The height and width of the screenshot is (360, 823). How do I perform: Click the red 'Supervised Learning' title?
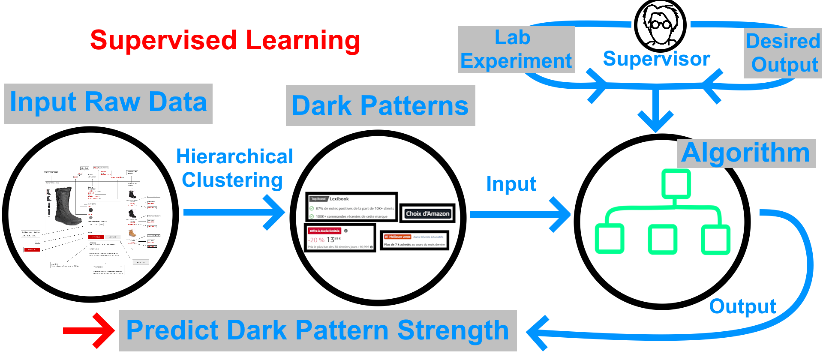point(225,41)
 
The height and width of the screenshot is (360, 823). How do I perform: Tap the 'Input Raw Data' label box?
point(108,103)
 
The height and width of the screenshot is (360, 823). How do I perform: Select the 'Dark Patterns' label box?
point(380,106)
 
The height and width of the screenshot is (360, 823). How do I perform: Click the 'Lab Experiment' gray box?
point(516,49)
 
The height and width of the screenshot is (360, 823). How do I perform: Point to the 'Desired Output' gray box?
point(783,53)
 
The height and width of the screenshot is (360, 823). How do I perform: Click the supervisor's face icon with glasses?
point(660,25)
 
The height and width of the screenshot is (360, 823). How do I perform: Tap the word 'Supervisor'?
point(656,59)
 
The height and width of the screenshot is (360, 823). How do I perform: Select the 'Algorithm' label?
point(745,153)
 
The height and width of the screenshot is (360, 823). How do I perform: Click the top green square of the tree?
point(676,184)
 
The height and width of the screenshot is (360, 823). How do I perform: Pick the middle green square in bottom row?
point(662,239)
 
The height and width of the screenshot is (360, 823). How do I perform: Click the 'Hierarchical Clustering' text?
point(234,168)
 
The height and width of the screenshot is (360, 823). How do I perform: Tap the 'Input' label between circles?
point(511,184)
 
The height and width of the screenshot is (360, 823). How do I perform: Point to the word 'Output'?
point(742,307)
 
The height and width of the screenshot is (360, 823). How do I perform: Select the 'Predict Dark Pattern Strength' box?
point(318,330)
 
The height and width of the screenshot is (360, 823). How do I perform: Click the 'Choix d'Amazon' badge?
point(427,213)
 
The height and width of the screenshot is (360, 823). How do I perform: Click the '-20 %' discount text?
point(316,240)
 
